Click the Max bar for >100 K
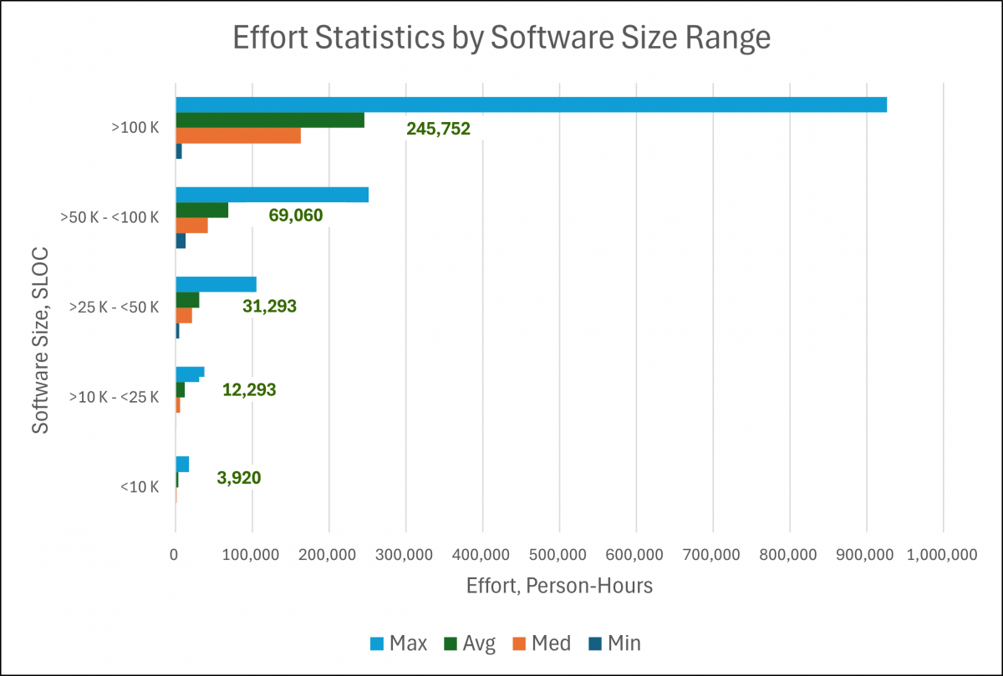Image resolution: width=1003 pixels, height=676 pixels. click(531, 104)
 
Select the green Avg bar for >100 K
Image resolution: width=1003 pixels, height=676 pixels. click(270, 120)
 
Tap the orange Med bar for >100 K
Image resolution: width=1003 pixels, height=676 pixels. click(238, 136)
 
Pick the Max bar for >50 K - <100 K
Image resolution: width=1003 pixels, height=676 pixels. click(272, 195)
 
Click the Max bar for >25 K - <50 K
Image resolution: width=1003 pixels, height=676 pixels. click(216, 284)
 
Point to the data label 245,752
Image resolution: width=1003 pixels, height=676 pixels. click(438, 129)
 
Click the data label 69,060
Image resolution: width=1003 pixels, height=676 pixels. click(295, 216)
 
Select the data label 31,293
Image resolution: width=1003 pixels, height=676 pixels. click(269, 306)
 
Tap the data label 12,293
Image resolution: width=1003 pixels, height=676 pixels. click(249, 389)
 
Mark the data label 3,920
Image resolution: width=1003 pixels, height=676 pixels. click(238, 478)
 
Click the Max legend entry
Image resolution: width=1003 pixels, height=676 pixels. click(398, 643)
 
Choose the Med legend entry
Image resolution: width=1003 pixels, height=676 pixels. click(540, 643)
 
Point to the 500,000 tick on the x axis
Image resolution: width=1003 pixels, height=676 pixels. click(558, 554)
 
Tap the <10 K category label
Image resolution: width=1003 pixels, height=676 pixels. click(140, 487)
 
